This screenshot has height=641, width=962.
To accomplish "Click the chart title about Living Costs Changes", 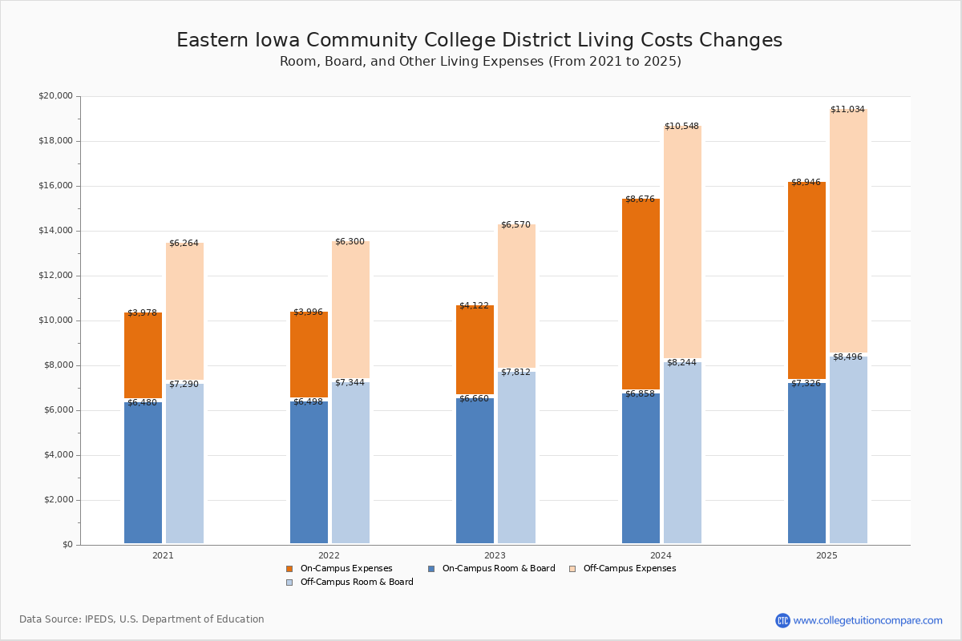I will (479, 41).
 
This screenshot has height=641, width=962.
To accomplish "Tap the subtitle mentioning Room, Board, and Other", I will (480, 62).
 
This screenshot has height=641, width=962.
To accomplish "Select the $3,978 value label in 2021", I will (142, 312).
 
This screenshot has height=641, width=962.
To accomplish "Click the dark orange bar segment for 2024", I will (641, 294).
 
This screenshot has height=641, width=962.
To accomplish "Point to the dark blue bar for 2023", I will (475, 470).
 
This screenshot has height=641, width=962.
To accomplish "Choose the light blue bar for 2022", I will (350, 462).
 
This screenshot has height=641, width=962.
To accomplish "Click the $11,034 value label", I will (847, 109).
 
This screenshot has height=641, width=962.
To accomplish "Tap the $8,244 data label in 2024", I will (681, 362).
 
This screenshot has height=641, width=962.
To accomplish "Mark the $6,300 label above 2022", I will (350, 241).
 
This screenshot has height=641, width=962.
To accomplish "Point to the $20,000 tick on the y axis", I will (55, 96).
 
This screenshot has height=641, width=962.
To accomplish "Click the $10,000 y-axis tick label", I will (55, 320).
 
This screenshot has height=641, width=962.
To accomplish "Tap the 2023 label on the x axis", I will (495, 555).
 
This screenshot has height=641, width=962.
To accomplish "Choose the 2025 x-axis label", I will (827, 555).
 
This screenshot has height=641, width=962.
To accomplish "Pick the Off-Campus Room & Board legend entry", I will (357, 583).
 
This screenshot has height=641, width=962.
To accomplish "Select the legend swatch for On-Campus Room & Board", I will (431, 569).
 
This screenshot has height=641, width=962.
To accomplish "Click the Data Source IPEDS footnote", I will (142, 619).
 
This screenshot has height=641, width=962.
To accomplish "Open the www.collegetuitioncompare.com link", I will (867, 620).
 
